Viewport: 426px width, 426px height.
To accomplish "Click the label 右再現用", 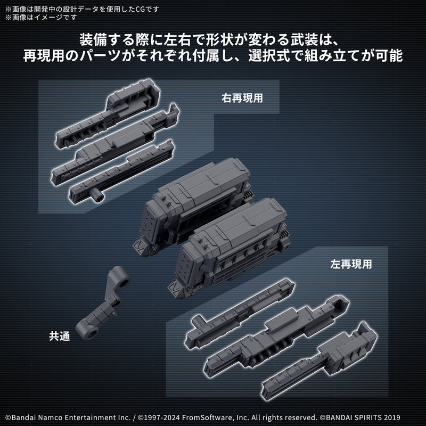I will (243, 99).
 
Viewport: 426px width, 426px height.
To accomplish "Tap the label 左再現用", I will (349, 263).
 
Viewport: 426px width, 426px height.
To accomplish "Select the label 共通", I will (59, 335).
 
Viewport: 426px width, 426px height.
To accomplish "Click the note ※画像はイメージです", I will (40, 17).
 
